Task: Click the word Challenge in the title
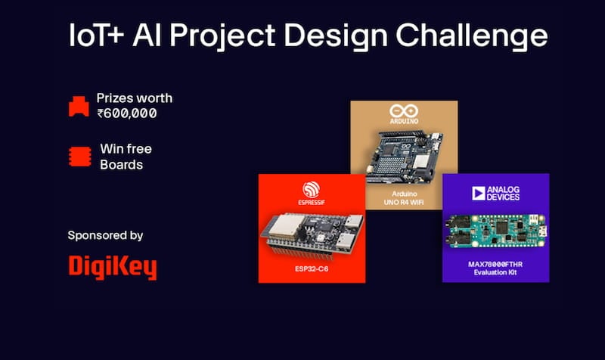(471, 35)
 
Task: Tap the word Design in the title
(336, 36)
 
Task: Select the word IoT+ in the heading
(97, 35)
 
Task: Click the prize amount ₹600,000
(127, 113)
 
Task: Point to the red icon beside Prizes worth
(79, 106)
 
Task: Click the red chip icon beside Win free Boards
(80, 157)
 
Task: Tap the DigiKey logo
(113, 267)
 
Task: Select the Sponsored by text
(105, 235)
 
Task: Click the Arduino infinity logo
(404, 111)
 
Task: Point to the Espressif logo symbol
(311, 189)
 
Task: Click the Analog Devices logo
(495, 194)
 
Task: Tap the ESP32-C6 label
(312, 269)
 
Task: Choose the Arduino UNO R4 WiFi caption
(404, 198)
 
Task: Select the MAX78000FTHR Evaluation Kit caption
(495, 268)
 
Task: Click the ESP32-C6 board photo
(312, 234)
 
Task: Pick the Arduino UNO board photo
(404, 157)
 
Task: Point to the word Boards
(121, 165)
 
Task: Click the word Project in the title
(222, 36)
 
